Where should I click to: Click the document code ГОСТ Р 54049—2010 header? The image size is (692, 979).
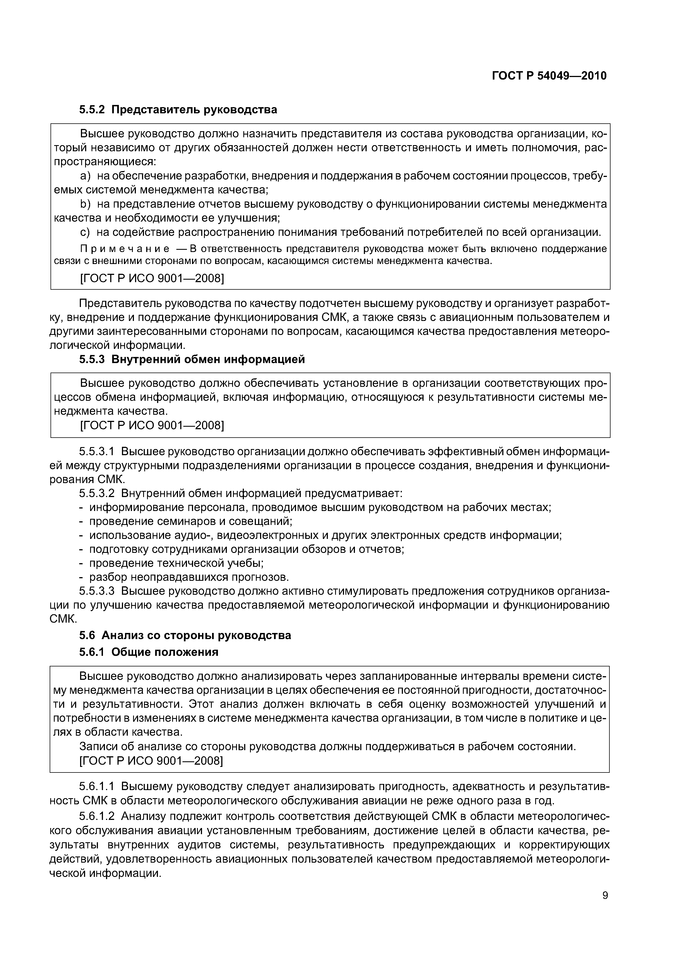(549, 76)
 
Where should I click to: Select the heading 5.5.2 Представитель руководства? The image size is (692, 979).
(178, 110)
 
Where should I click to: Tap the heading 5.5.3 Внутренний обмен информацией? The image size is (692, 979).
(192, 359)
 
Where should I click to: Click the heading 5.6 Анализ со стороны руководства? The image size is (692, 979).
(185, 635)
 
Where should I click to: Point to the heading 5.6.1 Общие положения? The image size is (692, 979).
(148, 652)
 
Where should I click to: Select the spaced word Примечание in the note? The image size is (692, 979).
(124, 249)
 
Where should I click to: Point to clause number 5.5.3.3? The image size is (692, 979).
(97, 591)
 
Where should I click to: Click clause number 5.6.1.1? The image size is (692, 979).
(97, 786)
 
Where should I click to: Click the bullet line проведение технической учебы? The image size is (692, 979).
(176, 563)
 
